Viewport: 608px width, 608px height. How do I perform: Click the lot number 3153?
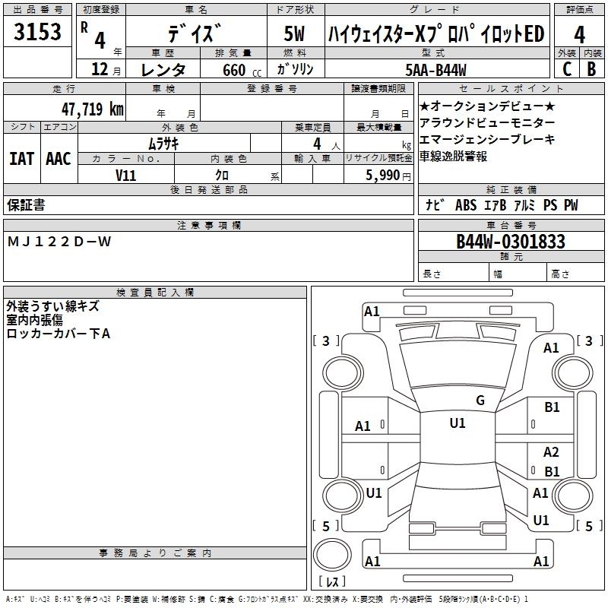tap(37, 32)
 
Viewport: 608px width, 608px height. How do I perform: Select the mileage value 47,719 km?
tap(92, 109)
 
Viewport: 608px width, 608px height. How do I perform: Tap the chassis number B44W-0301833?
tap(511, 242)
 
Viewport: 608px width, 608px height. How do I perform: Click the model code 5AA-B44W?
tap(435, 70)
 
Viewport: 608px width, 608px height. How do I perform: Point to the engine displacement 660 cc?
tap(242, 70)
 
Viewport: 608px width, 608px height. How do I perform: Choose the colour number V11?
tap(125, 176)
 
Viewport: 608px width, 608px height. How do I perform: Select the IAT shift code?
tap(22, 159)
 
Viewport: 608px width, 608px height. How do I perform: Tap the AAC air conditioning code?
tap(59, 159)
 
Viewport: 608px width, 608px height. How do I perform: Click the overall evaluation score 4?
tap(579, 35)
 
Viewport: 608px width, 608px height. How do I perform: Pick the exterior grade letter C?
tap(566, 69)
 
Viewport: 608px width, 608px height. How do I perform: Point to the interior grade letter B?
tap(591, 69)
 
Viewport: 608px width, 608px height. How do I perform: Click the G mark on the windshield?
tap(480, 401)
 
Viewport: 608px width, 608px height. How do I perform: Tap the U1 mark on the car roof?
tap(458, 423)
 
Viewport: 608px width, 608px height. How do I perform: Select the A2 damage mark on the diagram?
tap(551, 452)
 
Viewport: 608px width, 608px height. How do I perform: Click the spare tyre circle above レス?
tap(332, 555)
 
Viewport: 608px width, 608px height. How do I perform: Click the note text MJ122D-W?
tap(59, 242)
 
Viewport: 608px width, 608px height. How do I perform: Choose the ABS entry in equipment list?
tap(466, 205)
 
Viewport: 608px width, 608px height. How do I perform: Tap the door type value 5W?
tap(295, 33)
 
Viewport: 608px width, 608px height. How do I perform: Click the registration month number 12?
tap(100, 69)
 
